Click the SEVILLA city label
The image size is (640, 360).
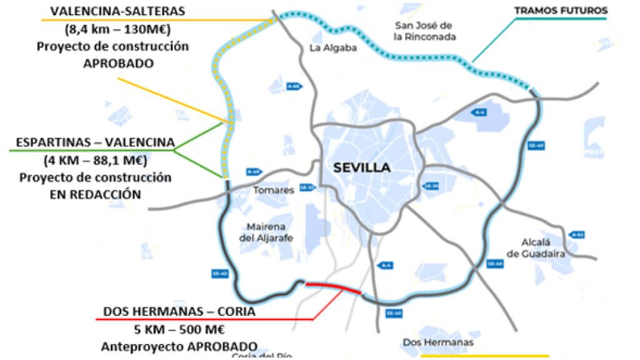(x=362, y=167)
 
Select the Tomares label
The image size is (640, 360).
(x=273, y=190)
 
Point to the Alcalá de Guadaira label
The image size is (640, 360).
(x=536, y=247)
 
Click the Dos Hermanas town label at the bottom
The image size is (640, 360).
(x=437, y=342)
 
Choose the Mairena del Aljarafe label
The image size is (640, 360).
(x=265, y=232)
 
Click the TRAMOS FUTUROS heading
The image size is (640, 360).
(x=561, y=11)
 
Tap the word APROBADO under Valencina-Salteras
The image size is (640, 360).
(x=118, y=64)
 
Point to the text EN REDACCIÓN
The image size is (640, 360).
(x=94, y=194)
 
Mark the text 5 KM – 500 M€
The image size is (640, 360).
(x=179, y=328)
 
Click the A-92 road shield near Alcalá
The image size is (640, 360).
(x=577, y=234)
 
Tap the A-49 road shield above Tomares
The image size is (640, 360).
(x=252, y=171)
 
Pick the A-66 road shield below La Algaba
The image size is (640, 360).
(x=294, y=86)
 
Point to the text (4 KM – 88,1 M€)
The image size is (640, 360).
(x=94, y=160)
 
